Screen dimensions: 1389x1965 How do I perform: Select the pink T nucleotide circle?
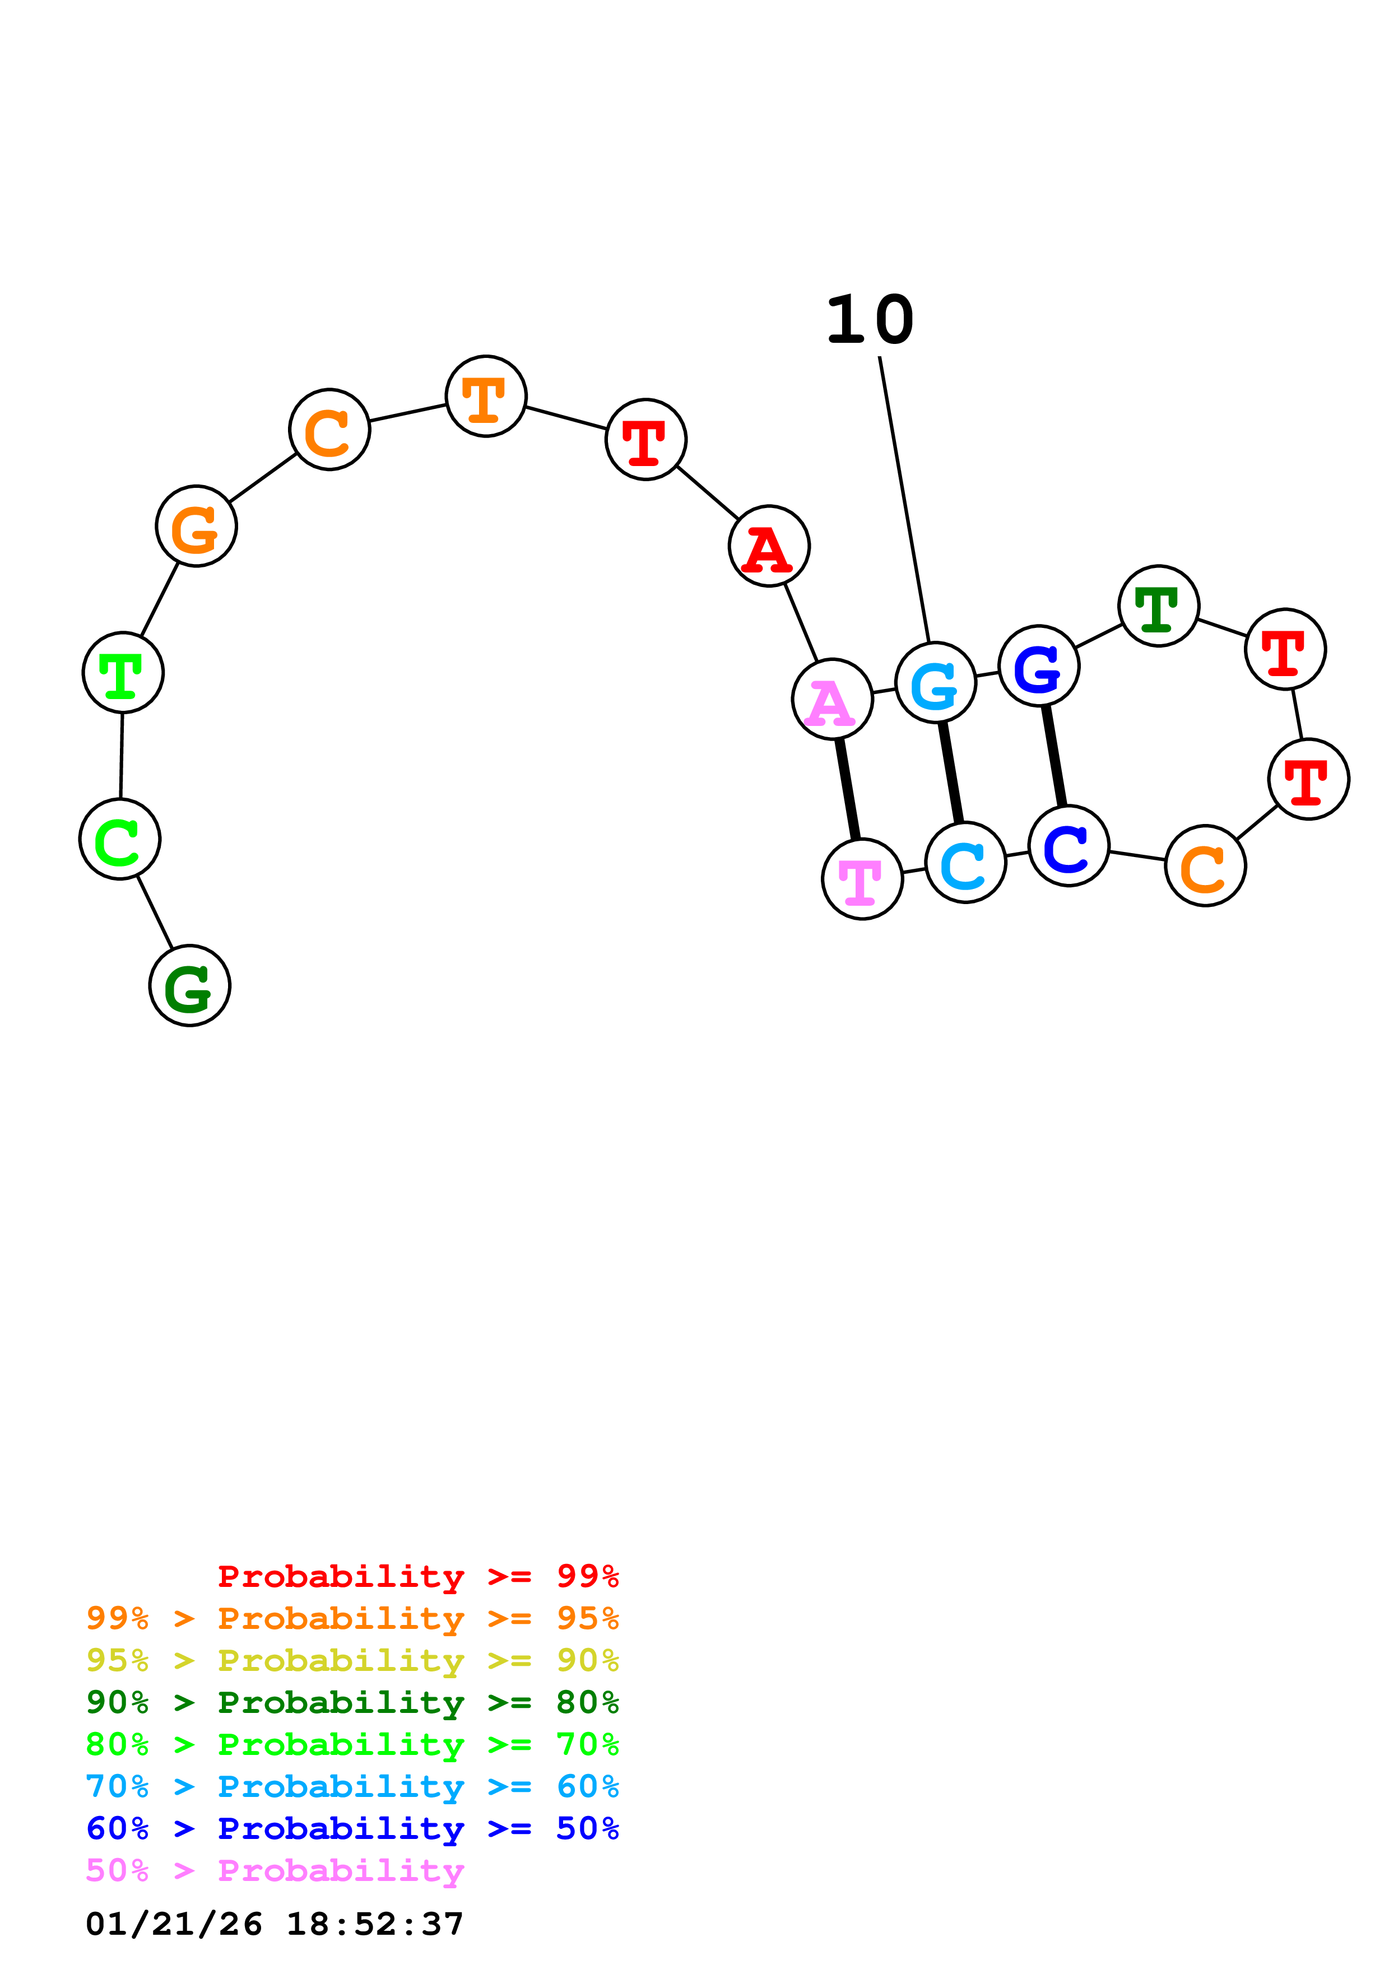[862, 879]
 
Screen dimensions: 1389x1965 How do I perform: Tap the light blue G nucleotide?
[935, 683]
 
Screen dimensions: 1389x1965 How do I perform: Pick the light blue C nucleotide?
[965, 863]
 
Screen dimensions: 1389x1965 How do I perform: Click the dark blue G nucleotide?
[1038, 666]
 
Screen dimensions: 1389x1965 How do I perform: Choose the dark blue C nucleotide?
[1068, 846]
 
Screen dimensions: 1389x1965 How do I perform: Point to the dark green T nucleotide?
[1159, 606]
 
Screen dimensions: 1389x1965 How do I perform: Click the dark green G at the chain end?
[190, 986]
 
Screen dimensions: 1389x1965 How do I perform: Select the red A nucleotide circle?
[769, 546]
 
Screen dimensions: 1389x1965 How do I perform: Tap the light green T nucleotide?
[123, 673]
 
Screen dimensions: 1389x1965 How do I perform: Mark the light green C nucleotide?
[120, 839]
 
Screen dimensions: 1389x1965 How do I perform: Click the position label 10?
[870, 320]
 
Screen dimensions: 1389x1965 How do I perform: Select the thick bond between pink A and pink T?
[847, 789]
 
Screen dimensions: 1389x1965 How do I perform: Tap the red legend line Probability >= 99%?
[417, 1576]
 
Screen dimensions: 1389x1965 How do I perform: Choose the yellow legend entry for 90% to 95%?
[352, 1660]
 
